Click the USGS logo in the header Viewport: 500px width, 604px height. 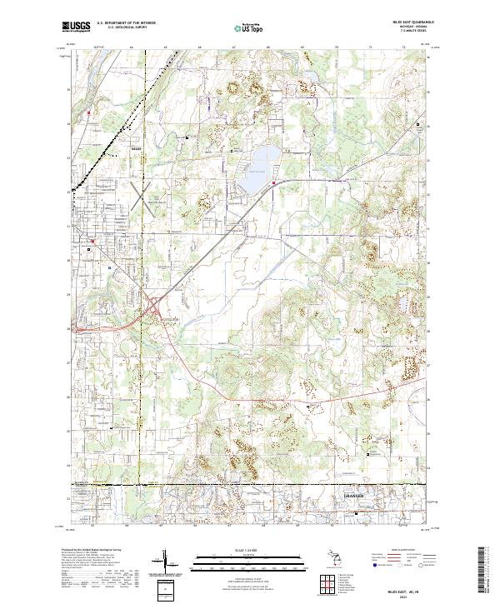[x=77, y=27]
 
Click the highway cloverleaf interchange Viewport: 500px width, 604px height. [x=155, y=309]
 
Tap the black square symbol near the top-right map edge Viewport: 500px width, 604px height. [x=418, y=124]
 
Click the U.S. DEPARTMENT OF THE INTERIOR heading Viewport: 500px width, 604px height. [x=126, y=23]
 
